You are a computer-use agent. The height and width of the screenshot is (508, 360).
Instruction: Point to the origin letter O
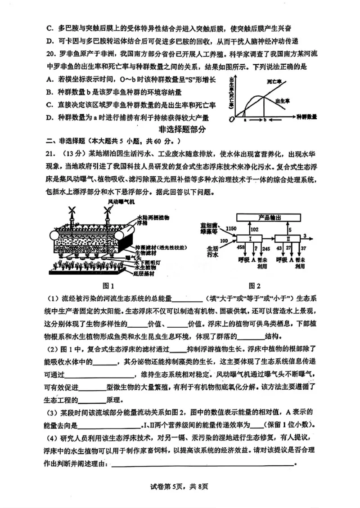231,119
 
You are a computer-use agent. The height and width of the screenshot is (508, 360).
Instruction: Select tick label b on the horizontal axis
265,120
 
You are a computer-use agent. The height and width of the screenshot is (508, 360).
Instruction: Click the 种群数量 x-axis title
307,116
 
